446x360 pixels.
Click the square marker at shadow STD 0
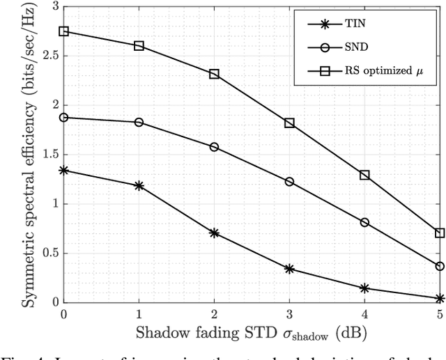pyautogui.click(x=64, y=31)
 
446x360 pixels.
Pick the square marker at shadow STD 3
pyautogui.click(x=289, y=123)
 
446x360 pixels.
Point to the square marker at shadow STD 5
pyautogui.click(x=440, y=233)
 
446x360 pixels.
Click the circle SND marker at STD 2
pyautogui.click(x=214, y=147)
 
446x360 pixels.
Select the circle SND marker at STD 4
pyautogui.click(x=364, y=222)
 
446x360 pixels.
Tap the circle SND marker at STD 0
pyautogui.click(x=64, y=118)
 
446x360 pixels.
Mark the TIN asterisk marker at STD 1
pyautogui.click(x=139, y=186)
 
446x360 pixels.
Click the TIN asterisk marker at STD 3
pyautogui.click(x=289, y=269)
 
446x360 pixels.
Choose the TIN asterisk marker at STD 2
pyautogui.click(x=214, y=233)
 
